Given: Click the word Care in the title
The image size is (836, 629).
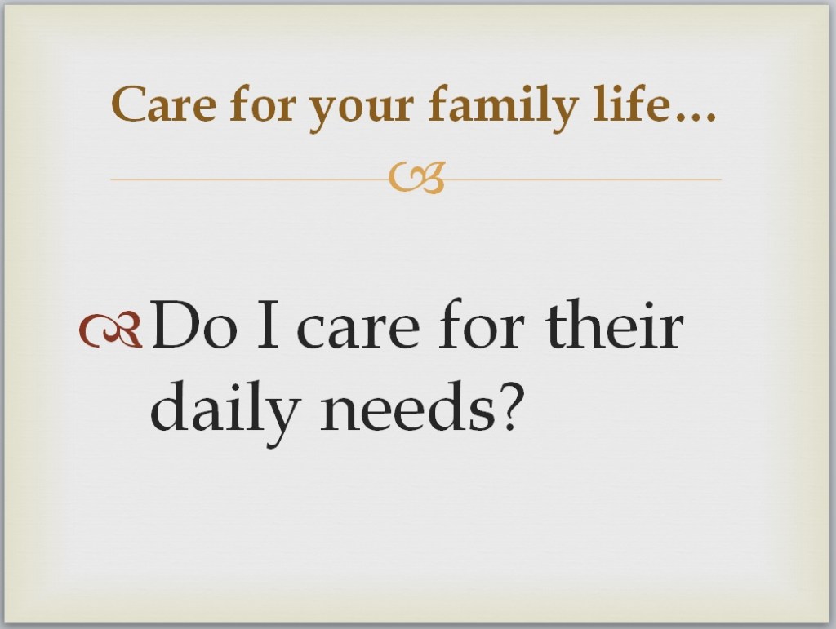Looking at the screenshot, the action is coord(163,104).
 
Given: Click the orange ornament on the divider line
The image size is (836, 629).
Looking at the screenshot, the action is coord(416,177).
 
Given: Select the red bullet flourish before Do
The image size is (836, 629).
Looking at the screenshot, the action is coord(111,330).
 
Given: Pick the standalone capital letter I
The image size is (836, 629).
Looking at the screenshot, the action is coord(268,325).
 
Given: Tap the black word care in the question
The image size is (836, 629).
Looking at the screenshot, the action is coord(358,331).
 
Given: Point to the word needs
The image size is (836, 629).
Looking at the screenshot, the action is coord(407,405).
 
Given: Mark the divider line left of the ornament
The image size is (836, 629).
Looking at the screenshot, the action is coord(250,179).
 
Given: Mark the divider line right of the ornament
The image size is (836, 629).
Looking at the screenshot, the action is coord(583,179).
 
